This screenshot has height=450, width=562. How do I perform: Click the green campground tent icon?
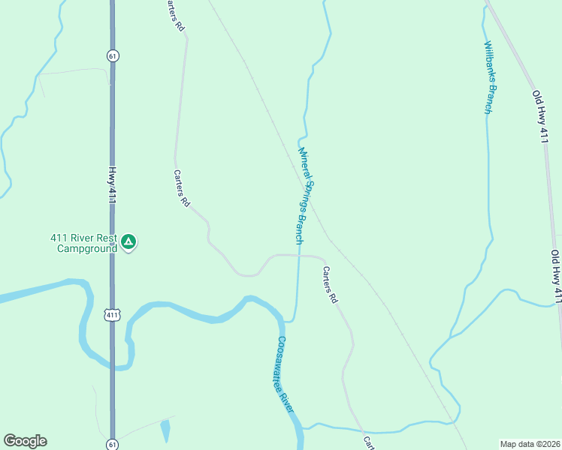[128, 241]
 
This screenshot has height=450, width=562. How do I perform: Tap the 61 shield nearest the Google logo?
[112, 443]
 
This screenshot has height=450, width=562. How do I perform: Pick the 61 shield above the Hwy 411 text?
[112, 55]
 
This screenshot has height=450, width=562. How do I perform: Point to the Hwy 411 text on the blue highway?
[113, 184]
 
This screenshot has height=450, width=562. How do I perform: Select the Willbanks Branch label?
[490, 77]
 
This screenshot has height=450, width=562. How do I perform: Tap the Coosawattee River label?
[285, 372]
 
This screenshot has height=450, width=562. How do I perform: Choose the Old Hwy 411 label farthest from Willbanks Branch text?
[557, 277]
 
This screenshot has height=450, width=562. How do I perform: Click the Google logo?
[25, 441]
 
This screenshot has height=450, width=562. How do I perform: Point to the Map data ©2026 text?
[529, 443]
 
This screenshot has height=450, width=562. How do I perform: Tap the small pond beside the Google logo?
[165, 430]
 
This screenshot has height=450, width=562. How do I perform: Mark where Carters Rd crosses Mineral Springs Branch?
[298, 255]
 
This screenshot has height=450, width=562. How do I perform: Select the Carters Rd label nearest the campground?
[182, 188]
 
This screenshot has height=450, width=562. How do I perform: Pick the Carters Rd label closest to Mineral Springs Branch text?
[330, 284]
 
